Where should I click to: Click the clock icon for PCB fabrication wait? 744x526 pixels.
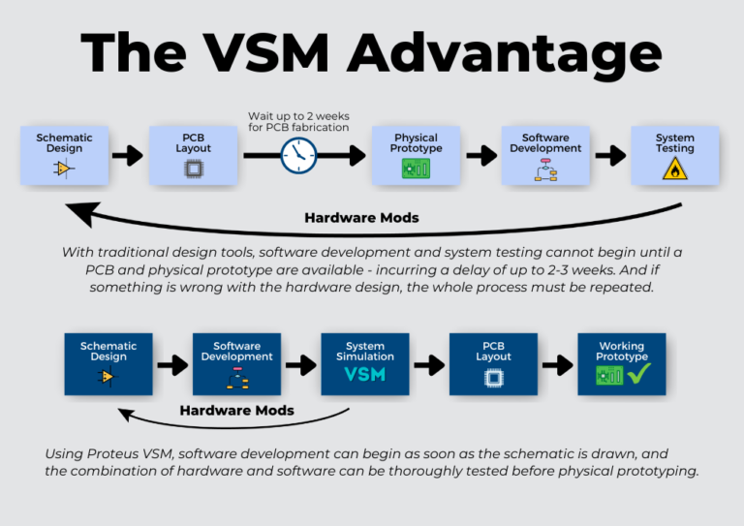pos(298,155)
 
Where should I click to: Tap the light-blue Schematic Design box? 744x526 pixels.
pos(64,155)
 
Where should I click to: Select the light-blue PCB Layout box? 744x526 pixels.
pos(193,155)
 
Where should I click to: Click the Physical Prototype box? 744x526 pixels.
pos(416,155)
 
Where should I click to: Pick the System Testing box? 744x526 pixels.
pos(674,155)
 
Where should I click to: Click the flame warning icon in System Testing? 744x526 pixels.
pos(674,170)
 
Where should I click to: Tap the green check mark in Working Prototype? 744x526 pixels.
pos(640,374)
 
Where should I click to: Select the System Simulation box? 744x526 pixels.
pos(365,364)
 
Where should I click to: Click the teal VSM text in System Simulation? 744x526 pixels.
pos(365,374)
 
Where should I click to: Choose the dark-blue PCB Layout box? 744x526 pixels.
pos(493,364)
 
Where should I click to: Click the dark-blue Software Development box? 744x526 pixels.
pos(237,364)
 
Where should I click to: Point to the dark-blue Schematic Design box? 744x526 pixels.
pos(108,364)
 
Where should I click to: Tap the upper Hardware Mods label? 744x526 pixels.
pos(361,218)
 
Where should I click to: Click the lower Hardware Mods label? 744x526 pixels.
pos(237,410)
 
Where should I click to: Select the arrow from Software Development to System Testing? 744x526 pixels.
pos(609,155)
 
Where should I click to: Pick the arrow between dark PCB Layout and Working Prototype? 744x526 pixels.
pos(557,365)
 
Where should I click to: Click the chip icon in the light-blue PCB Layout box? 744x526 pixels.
pos(193,169)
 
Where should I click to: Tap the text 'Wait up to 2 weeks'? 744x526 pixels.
pos(298,115)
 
